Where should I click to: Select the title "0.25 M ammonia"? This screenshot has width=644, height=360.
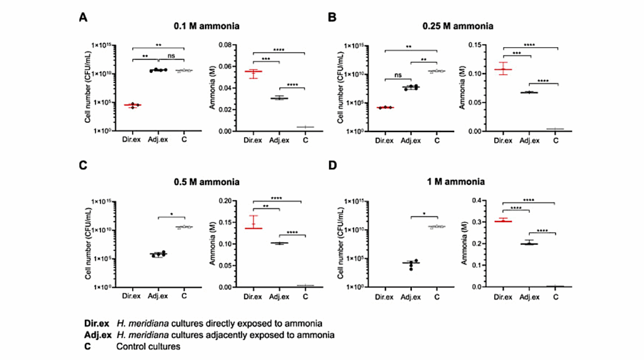coord(457,26)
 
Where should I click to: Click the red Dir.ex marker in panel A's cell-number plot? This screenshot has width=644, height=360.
coord(133,105)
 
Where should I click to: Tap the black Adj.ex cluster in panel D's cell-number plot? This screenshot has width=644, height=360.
coord(413,264)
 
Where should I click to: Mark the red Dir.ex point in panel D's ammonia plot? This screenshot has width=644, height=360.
coord(502,221)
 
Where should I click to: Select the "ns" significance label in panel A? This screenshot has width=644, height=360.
coord(170,55)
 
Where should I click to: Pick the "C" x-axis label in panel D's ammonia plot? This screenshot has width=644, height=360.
coord(555,296)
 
